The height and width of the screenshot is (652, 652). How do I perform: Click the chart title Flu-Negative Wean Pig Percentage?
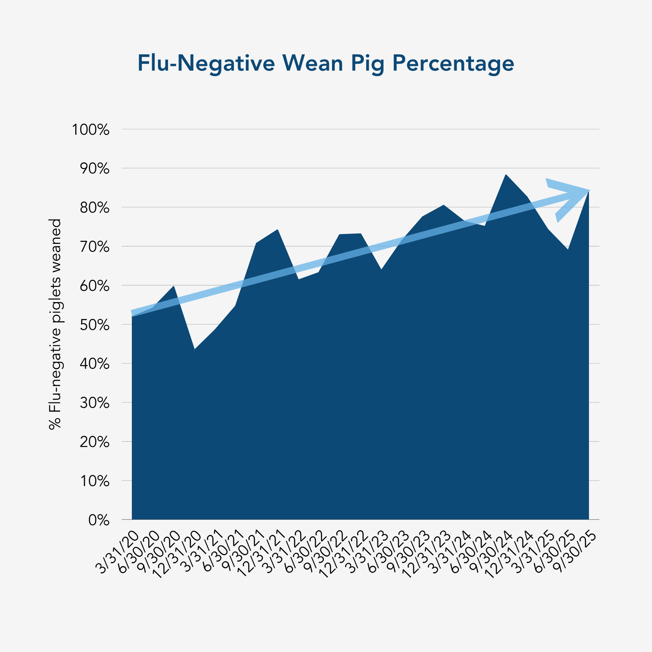click(x=326, y=63)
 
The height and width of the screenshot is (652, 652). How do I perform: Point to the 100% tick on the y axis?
click(x=91, y=130)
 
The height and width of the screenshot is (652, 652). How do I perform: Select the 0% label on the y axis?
click(x=99, y=520)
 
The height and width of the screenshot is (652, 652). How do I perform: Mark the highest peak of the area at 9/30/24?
click(x=506, y=175)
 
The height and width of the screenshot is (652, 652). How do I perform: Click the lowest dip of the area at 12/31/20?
click(x=195, y=350)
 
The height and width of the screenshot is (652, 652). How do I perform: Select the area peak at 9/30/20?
click(x=174, y=287)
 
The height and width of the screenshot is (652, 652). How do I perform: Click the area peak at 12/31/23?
click(x=443, y=205)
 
